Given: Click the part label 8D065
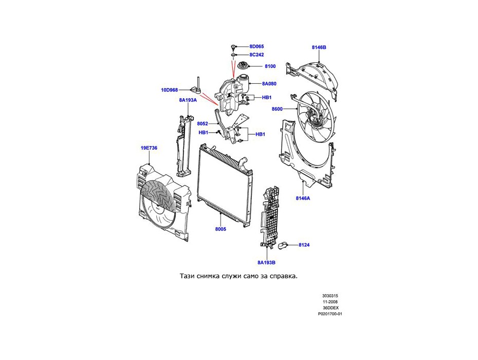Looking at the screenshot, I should click(256, 47).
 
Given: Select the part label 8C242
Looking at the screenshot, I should click(256, 55).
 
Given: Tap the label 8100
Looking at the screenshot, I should click(270, 66).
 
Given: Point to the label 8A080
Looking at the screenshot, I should click(269, 83).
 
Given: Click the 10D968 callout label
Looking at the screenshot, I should click(169, 90).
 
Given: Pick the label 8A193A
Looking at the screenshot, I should click(188, 100).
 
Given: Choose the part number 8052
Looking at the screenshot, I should click(203, 123).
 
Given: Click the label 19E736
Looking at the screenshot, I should click(149, 148).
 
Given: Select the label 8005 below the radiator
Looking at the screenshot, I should click(220, 229).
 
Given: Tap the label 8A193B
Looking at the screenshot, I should click(267, 262).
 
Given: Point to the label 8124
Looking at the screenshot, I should click(304, 245).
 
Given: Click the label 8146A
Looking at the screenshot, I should click(303, 198).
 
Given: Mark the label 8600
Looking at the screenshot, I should click(278, 109).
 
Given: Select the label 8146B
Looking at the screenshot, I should click(319, 47).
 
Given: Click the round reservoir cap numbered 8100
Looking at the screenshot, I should click(242, 67).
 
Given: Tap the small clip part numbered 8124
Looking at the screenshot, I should click(288, 245).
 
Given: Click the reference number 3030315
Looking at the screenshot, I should click(330, 296).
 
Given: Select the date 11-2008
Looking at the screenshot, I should click(330, 302).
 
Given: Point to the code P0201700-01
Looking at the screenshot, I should click(330, 314).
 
